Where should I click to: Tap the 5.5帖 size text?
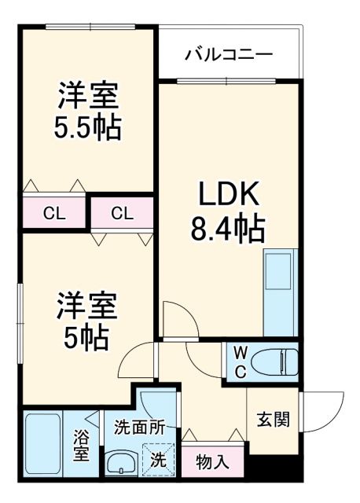87,127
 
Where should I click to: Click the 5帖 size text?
86,338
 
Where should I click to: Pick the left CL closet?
53,212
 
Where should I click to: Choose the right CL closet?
120,212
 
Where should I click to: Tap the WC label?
239,359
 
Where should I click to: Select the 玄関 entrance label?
273,419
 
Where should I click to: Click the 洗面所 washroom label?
139,428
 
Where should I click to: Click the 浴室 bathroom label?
81,446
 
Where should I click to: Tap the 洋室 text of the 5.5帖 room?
87,95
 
